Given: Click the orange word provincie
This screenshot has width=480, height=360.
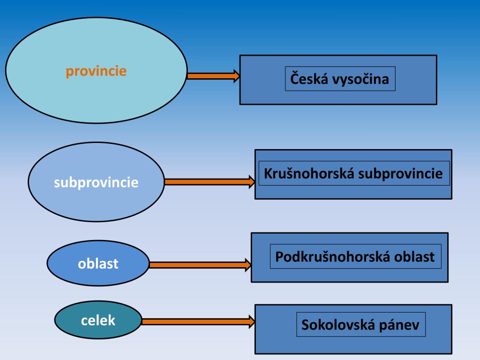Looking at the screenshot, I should pyautogui.click(x=96, y=71).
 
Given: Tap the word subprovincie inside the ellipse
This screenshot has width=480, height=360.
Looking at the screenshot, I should pyautogui.click(x=96, y=182).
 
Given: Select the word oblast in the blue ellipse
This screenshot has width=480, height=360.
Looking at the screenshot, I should pyautogui.click(x=98, y=263).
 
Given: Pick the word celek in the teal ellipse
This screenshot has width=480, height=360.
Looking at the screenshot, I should pyautogui.click(x=98, y=321).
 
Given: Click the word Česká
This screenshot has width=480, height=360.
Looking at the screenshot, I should pyautogui.click(x=309, y=78).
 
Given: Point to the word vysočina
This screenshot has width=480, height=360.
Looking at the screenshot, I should pyautogui.click(x=360, y=79).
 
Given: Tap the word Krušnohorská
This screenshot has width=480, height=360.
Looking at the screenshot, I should pyautogui.click(x=309, y=173).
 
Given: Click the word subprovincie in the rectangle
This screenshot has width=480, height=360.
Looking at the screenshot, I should pyautogui.click(x=401, y=174).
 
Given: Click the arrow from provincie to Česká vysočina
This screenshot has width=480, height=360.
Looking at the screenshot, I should pyautogui.click(x=211, y=76).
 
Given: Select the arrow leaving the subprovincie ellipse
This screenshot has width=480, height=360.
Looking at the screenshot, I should pyautogui.click(x=206, y=182).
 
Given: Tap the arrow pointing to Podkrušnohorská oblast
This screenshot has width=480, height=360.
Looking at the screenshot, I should pyautogui.click(x=197, y=265).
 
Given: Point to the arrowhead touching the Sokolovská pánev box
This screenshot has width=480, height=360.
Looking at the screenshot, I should pyautogui.click(x=251, y=322).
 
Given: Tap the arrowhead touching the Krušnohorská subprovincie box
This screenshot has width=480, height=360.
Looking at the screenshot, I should pyautogui.click(x=251, y=182).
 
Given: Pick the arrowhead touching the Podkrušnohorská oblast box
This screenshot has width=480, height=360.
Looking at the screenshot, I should pyautogui.click(x=248, y=265).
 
